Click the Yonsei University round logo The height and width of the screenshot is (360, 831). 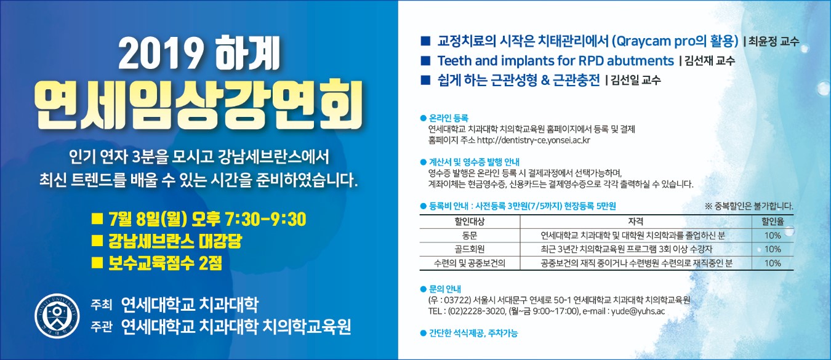57,316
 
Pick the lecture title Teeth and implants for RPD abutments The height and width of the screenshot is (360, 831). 555,60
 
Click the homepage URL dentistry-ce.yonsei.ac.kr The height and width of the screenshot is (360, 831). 534,140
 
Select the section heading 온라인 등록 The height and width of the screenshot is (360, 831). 449,118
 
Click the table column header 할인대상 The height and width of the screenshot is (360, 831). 469,222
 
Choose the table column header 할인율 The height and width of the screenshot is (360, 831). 773,222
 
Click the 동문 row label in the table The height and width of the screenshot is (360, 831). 469,236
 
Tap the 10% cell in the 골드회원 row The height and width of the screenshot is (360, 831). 773,249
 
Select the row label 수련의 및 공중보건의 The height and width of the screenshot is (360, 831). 469,263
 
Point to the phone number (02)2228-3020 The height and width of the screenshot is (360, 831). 476,311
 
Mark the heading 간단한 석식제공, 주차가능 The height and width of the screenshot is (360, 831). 473,334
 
